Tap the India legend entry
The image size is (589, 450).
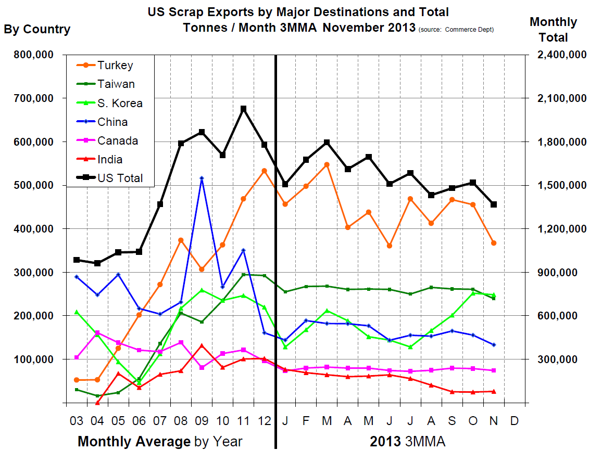110,160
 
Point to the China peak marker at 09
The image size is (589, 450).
202,178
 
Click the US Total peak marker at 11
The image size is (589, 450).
243,109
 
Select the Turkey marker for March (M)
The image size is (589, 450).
327,164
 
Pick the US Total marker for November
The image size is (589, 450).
494,204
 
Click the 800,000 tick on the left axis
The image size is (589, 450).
32,55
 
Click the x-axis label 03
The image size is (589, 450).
77,419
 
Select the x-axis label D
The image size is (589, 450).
515,419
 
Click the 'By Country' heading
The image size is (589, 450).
37,29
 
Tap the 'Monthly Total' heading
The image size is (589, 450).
553,29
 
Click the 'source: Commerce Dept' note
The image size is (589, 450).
456,30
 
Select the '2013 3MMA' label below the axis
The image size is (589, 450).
408,442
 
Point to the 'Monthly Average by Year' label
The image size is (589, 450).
160,442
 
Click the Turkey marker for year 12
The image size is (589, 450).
264,171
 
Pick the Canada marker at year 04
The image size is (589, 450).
97,333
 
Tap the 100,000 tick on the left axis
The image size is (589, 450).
32,359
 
